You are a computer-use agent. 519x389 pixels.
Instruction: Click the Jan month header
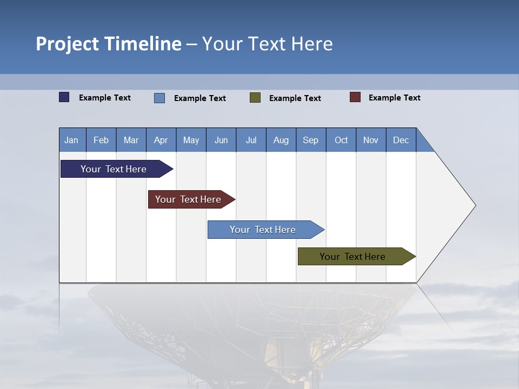click(72, 140)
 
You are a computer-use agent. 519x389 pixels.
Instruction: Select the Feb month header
click(101, 140)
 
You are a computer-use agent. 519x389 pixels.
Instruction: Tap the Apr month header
click(161, 140)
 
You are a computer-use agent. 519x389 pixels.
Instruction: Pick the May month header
click(191, 140)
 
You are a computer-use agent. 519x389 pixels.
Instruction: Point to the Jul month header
click(251, 140)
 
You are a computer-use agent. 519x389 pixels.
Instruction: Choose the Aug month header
click(281, 140)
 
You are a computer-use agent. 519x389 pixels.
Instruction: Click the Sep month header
click(311, 140)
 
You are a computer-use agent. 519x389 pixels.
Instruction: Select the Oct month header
click(341, 140)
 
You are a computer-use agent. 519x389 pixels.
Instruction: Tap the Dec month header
click(401, 140)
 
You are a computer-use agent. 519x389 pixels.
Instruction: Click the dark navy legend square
click(64, 97)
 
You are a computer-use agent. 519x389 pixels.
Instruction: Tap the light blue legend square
click(159, 98)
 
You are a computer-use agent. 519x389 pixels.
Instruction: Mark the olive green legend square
click(255, 98)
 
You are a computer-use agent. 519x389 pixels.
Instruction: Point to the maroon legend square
click(355, 97)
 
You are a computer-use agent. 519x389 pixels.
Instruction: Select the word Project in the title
click(68, 44)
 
